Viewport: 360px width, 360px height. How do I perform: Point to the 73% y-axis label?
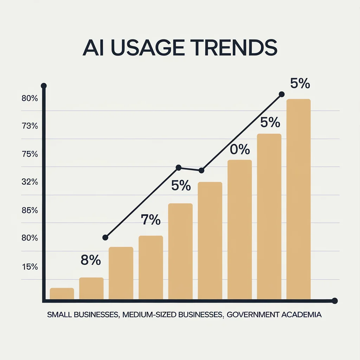tap(30, 126)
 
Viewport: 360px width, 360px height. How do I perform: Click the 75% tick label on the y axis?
tap(30, 154)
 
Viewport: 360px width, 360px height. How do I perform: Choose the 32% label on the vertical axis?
tap(30, 182)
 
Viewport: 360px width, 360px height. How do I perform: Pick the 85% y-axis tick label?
tap(30, 210)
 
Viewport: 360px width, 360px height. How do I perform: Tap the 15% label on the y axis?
tap(30, 266)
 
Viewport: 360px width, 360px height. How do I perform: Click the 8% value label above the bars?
tap(91, 261)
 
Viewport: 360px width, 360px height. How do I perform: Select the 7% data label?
tap(150, 220)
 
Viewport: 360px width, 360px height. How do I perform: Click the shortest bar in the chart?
tap(62, 294)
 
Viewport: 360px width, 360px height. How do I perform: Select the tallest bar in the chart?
tap(298, 199)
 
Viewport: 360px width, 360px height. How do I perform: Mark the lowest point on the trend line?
tap(105, 238)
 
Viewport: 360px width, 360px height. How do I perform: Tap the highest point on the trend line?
tap(281, 94)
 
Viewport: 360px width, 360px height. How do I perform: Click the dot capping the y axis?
tap(44, 85)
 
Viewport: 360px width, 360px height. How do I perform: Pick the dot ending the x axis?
tap(335, 301)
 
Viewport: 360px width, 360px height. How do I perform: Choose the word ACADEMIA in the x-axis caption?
tap(302, 314)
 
